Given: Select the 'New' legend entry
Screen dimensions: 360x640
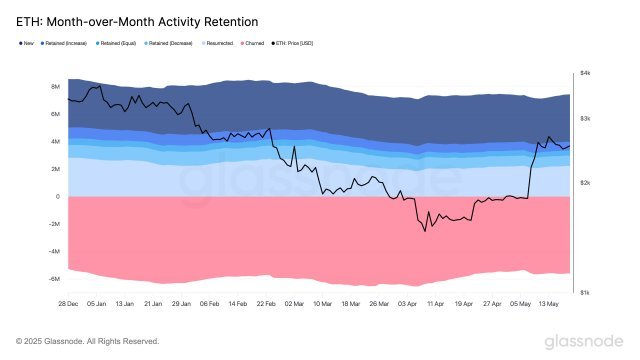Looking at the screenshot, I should pyautogui.click(x=26, y=43).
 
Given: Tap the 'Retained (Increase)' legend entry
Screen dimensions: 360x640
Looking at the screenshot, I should pyautogui.click(x=67, y=43).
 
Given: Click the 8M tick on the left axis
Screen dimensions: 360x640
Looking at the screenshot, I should pyautogui.click(x=56, y=87).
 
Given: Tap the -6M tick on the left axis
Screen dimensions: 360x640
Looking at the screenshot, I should pyautogui.click(x=55, y=279).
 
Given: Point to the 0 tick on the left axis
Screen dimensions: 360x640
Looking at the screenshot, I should pyautogui.click(x=58, y=197).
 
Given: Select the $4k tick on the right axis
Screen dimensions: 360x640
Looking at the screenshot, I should pyautogui.click(x=586, y=73).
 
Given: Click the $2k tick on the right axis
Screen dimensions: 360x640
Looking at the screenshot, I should pyautogui.click(x=586, y=183).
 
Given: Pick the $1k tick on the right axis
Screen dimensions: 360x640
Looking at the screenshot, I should pyautogui.click(x=586, y=292).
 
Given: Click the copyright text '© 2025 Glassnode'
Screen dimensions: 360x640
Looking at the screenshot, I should pyautogui.click(x=87, y=341).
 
